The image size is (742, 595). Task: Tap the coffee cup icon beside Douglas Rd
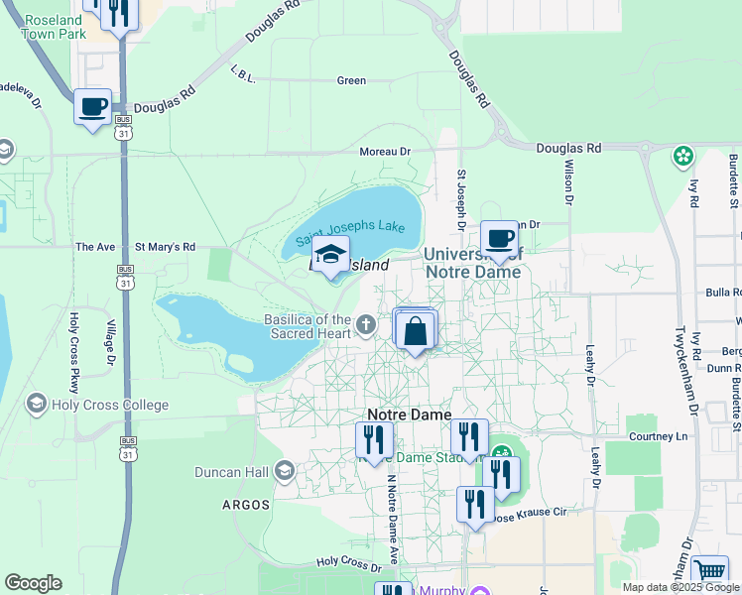[x=93, y=107]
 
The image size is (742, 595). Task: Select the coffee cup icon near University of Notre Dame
[x=500, y=239]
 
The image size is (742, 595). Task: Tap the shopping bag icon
[x=417, y=331]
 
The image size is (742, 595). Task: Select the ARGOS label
[x=246, y=505]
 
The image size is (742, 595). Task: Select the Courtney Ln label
[x=658, y=436]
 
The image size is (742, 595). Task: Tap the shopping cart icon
[x=709, y=572]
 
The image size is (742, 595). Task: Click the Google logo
[x=33, y=583]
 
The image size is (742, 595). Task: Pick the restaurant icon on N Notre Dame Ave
[x=374, y=438]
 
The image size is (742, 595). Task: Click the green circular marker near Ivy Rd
[x=682, y=156]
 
